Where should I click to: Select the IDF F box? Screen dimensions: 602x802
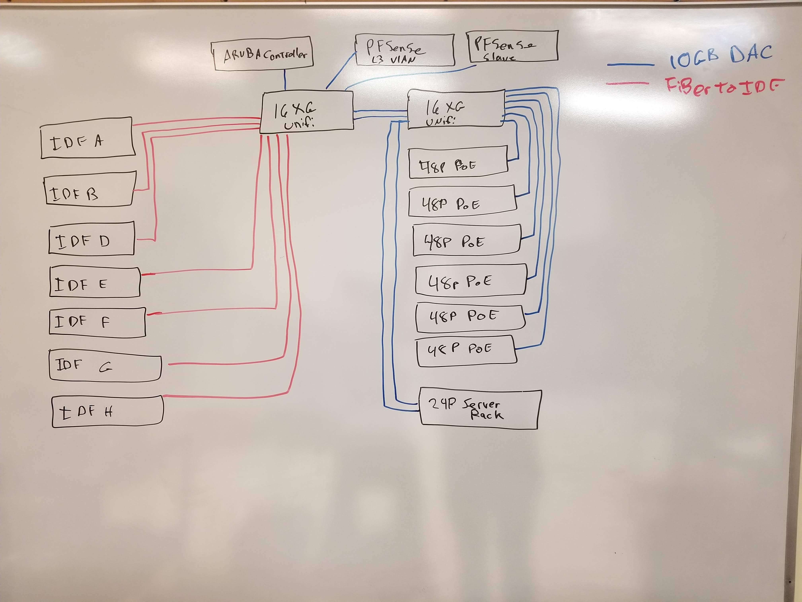pos(97,322)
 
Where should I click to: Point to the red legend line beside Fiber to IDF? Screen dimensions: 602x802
pos(627,83)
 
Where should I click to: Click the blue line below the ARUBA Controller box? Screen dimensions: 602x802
pos(285,80)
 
